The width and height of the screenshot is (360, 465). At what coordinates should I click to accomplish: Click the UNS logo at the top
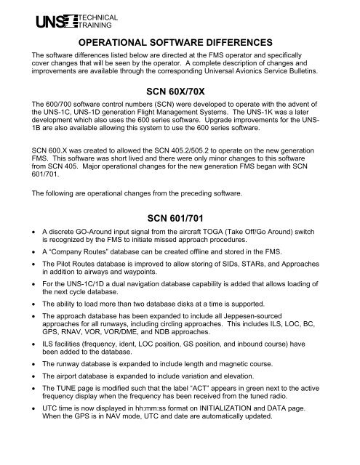tap(48, 20)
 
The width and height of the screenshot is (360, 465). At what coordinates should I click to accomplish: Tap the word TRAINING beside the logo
tap(87, 24)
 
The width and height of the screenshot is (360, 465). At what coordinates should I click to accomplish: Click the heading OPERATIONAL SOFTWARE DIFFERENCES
tap(179, 43)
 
